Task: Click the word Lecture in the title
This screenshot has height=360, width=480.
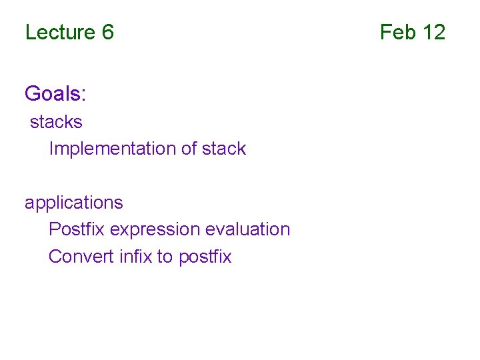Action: (59, 32)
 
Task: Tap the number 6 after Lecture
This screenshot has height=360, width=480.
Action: (108, 32)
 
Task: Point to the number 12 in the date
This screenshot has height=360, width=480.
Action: (433, 32)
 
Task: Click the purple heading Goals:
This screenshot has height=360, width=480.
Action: (55, 94)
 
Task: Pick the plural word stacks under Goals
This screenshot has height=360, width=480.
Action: (56, 122)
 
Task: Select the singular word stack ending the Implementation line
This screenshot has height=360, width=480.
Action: (224, 149)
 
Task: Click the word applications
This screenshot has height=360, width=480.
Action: (73, 203)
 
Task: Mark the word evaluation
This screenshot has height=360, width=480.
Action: (248, 229)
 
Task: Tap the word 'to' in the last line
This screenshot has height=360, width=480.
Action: (165, 257)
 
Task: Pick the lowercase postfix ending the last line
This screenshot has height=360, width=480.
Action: (205, 257)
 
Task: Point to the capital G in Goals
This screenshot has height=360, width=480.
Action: (32, 94)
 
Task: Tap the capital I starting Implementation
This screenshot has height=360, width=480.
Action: (51, 149)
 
